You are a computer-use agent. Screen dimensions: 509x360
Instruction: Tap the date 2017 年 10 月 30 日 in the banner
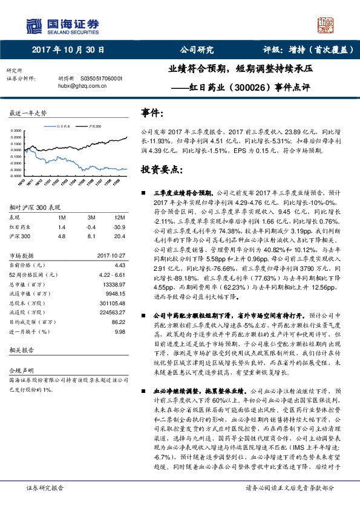[68, 50]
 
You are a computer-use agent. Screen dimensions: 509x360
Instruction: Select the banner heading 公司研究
[197, 50]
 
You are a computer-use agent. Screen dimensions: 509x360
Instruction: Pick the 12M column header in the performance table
[119, 217]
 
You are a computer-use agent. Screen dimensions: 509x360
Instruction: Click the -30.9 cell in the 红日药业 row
[120, 227]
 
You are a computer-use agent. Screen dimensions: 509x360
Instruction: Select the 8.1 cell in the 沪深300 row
[91, 236]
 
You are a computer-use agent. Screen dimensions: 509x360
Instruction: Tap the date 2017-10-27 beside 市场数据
[111, 255]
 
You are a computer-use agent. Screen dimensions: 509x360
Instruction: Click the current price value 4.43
[119, 265]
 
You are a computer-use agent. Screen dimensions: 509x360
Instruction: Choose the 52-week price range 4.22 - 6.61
[112, 274]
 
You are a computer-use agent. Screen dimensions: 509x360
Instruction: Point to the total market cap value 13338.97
[114, 284]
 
